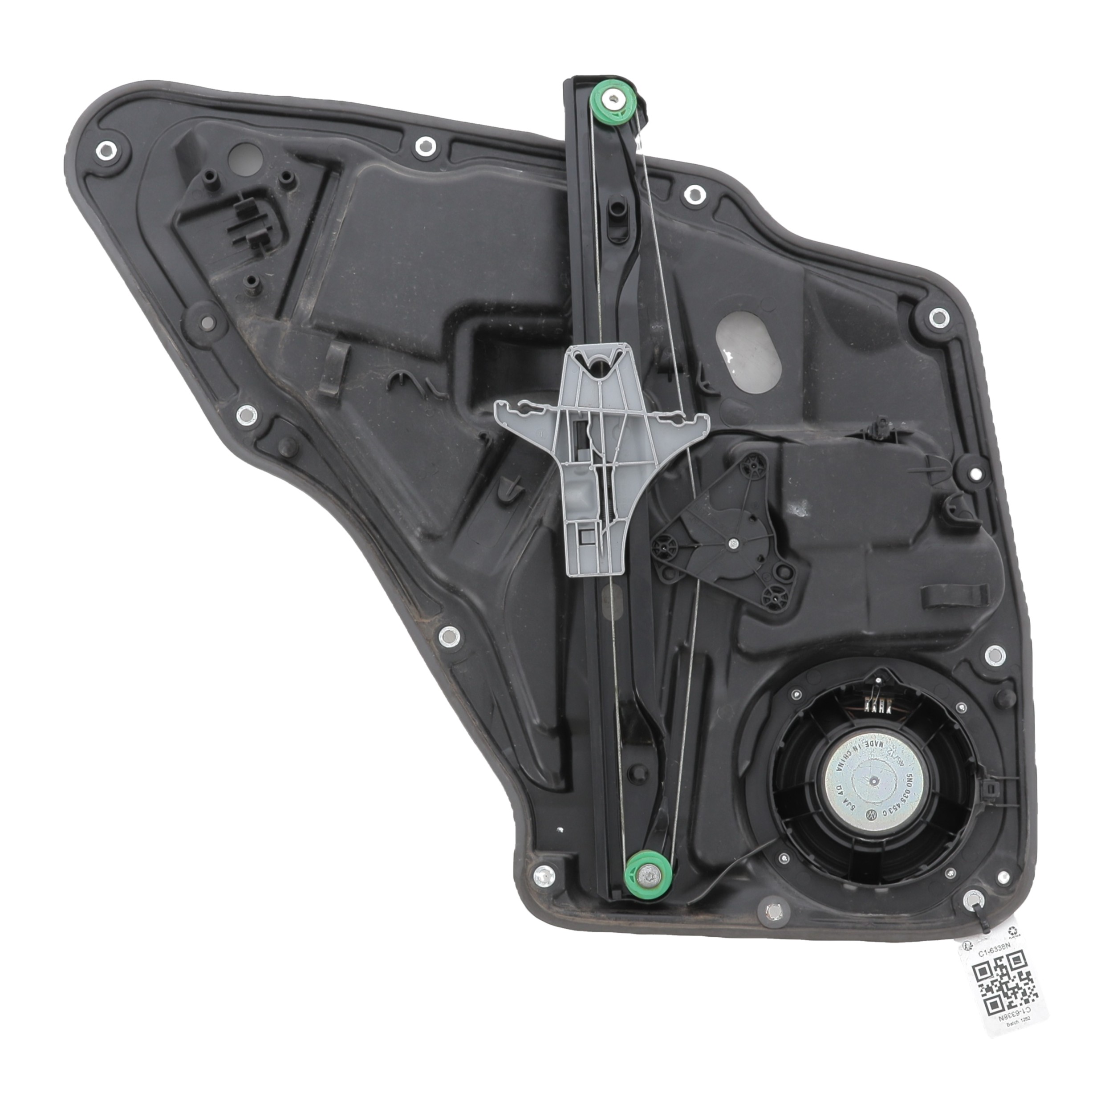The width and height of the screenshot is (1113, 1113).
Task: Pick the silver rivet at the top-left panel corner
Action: [x=106, y=150]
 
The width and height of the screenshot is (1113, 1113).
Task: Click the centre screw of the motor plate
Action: [x=733, y=543]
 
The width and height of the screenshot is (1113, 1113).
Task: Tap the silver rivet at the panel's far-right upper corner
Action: [x=939, y=316]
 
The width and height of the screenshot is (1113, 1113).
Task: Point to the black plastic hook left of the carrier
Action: [x=334, y=372]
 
